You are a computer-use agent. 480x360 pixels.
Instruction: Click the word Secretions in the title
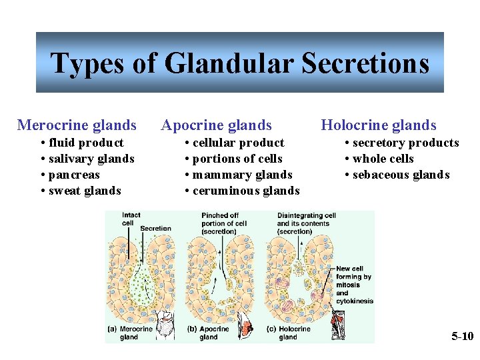[x=365, y=63]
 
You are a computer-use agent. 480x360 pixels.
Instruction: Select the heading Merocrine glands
[x=77, y=125]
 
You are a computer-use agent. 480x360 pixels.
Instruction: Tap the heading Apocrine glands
[x=217, y=125]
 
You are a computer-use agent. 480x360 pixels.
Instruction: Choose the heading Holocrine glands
[x=379, y=125]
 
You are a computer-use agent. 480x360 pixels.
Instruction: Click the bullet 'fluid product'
[x=86, y=143]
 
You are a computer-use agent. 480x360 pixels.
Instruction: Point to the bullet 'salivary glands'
[x=91, y=159]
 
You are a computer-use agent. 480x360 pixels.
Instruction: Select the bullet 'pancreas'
[x=74, y=175]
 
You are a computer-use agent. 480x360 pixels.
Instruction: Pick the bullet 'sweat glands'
[x=85, y=191]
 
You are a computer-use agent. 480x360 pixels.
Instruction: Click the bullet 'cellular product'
[x=238, y=143]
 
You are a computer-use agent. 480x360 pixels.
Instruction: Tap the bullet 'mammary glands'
[x=242, y=175]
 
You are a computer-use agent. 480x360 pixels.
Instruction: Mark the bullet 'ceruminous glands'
[x=246, y=191]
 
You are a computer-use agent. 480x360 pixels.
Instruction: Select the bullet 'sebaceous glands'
[x=401, y=175]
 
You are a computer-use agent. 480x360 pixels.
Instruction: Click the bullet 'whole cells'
[x=383, y=159]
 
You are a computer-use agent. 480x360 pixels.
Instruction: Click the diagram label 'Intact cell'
[x=131, y=219]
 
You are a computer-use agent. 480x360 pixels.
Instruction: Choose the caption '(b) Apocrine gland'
[x=209, y=333]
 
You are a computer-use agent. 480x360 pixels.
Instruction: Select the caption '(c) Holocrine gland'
[x=289, y=333]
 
